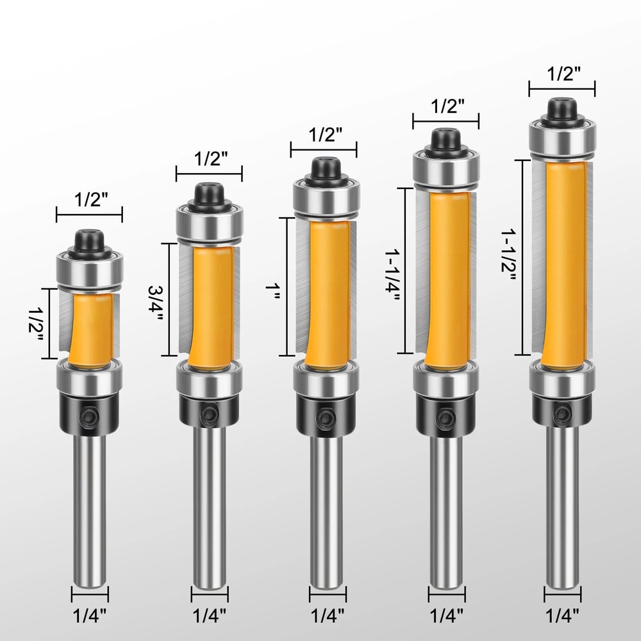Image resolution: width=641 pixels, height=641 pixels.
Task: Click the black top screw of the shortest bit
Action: click(88, 241)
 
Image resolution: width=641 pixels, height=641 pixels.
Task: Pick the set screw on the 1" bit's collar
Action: click(326, 416)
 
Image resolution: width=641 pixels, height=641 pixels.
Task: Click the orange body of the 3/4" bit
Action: click(210, 308)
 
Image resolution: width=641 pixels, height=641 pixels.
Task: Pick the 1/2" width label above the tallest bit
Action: click(562, 74)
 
